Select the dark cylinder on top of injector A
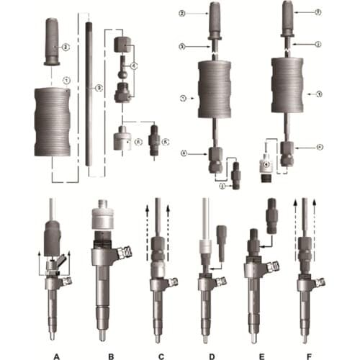pyautogui.click(x=54, y=238)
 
